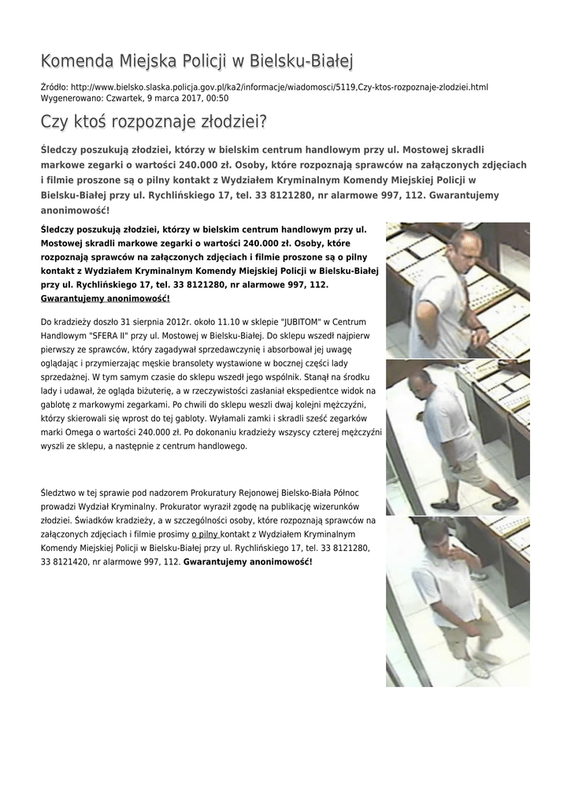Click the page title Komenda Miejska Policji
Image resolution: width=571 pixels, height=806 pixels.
197,61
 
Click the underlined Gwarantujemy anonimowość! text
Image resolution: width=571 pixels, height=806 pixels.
105,299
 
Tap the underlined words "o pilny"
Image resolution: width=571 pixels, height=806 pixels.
205,534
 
